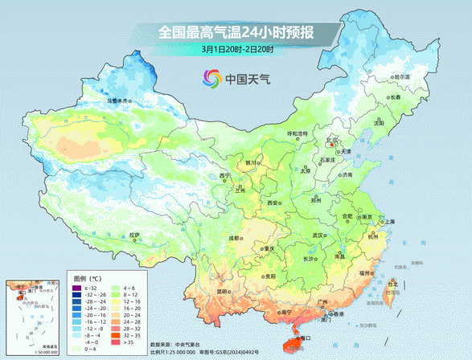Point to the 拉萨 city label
pos(135,235)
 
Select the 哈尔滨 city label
pos(401,77)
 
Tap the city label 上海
pos(389,221)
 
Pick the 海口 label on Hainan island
pos(305,339)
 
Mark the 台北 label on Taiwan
pos(392,284)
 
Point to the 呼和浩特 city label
pos(298,133)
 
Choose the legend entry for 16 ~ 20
pos(129,308)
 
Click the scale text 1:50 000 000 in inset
pos(26,351)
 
